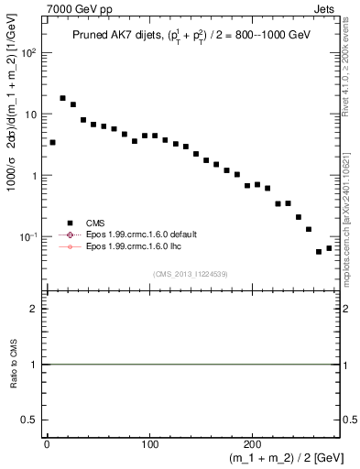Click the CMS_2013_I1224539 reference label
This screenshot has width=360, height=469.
pyautogui.click(x=191, y=273)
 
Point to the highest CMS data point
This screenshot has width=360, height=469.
pyautogui.click(x=63, y=98)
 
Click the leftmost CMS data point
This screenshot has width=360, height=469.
pyautogui.click(x=52, y=142)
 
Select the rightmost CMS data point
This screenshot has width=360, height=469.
pyautogui.click(x=329, y=248)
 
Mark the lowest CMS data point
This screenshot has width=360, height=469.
pyautogui.click(x=319, y=252)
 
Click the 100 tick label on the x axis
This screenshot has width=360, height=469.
pyautogui.click(x=150, y=443)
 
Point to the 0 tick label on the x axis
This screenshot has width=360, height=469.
pyautogui.click(x=47, y=443)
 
